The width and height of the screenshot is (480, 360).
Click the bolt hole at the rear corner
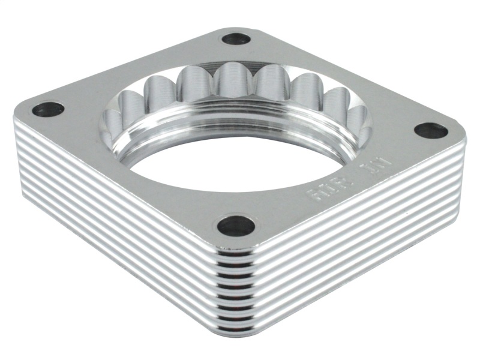(x=236, y=40)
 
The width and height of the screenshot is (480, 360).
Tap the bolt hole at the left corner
(x=48, y=110)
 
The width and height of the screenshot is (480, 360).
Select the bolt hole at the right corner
(x=431, y=130)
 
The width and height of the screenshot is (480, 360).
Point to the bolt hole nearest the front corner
(x=236, y=226)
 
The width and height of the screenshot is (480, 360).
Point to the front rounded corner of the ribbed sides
(x=238, y=288)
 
